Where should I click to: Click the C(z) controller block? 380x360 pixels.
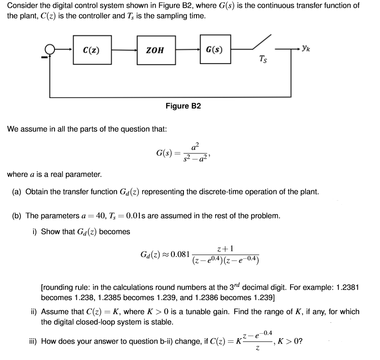[x=89, y=50]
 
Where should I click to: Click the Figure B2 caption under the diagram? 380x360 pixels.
[x=183, y=106]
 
